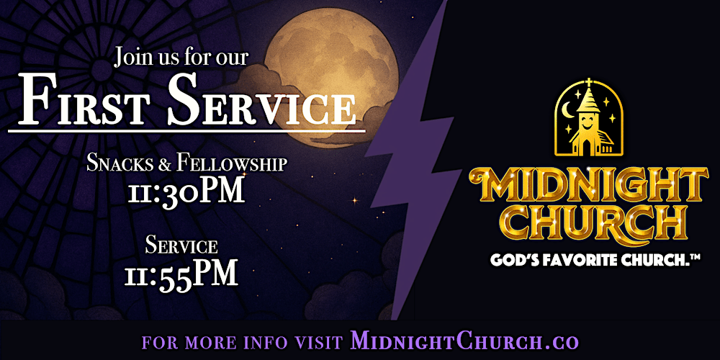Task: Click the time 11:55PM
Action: (x=186, y=274)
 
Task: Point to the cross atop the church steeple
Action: (x=588, y=83)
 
